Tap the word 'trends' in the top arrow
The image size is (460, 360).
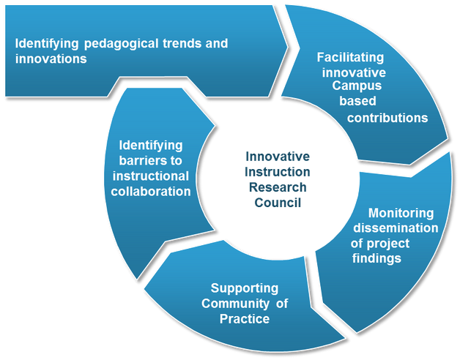182,43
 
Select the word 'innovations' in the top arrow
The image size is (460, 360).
51,59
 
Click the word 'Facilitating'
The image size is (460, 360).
350,58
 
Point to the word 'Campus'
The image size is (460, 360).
357,86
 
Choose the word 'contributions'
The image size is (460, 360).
387,118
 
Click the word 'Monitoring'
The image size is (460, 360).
401,214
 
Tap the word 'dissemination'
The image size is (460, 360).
396,228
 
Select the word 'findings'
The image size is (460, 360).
376,259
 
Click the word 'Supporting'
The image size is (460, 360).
245,289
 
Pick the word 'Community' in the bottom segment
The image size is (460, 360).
234,304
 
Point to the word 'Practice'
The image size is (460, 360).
245,319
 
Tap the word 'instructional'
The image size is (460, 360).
150,176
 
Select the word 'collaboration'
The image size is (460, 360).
151,192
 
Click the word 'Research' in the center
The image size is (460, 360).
278,187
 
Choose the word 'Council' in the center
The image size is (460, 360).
278,203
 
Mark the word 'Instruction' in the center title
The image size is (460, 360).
277,172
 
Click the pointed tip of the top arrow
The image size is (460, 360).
288,46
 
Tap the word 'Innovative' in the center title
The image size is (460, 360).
278,157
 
